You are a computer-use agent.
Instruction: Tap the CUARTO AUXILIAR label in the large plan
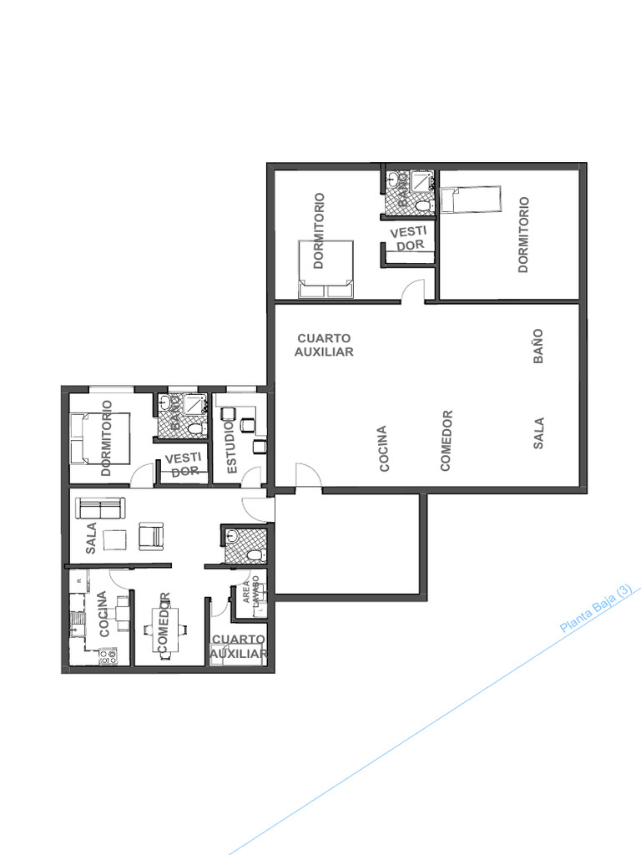(x=324, y=345)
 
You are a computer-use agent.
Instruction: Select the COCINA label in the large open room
(x=383, y=449)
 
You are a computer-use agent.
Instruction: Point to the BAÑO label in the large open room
(x=538, y=345)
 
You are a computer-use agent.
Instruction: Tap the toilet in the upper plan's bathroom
(x=423, y=205)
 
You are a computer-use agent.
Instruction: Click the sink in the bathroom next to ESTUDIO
(x=166, y=403)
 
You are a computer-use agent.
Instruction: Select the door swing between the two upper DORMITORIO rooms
(x=412, y=291)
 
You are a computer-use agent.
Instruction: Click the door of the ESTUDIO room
(x=251, y=478)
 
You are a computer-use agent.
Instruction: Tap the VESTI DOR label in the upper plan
(x=409, y=238)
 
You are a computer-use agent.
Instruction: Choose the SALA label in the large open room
(x=538, y=433)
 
